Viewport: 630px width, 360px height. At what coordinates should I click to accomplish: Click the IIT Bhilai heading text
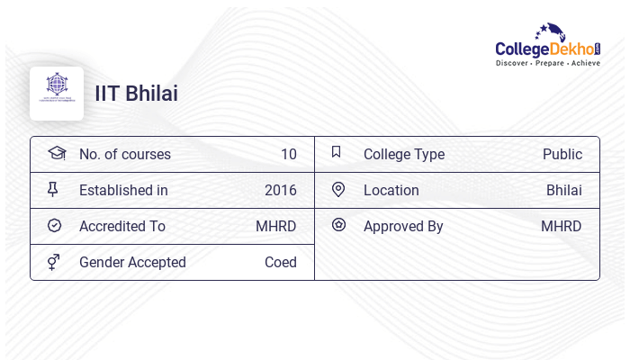pos(137,94)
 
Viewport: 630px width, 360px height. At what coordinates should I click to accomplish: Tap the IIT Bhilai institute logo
pos(57,93)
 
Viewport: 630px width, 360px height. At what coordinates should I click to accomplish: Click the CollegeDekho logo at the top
pos(547,45)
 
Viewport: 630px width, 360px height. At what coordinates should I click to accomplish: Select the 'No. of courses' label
pos(124,154)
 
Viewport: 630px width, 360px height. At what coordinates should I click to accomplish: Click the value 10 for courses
pos(288,154)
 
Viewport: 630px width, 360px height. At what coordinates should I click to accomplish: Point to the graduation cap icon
pos(56,153)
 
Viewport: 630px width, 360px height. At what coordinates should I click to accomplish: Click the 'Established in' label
pos(123,190)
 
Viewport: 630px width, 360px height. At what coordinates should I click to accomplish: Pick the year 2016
pos(280,190)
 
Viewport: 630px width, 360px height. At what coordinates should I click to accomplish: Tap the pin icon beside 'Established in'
pos(53,189)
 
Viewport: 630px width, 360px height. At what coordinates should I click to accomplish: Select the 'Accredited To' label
pos(122,226)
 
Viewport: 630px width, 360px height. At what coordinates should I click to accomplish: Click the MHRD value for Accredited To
pos(275,226)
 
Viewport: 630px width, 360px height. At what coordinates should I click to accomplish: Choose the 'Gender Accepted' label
pos(132,262)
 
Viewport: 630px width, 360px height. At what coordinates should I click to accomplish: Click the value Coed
pos(280,262)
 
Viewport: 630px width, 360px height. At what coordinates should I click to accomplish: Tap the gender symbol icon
pos(54,262)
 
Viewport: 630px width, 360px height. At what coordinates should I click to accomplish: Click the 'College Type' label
pos(403,154)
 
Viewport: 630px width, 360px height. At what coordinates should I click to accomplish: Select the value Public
pos(562,154)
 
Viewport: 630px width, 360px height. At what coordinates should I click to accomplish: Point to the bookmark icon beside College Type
pos(336,152)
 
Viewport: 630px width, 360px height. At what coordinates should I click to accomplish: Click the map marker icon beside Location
pos(338,189)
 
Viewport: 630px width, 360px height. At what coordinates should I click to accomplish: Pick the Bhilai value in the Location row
pos(563,190)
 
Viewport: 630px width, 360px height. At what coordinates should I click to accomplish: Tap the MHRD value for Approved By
pos(561,226)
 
